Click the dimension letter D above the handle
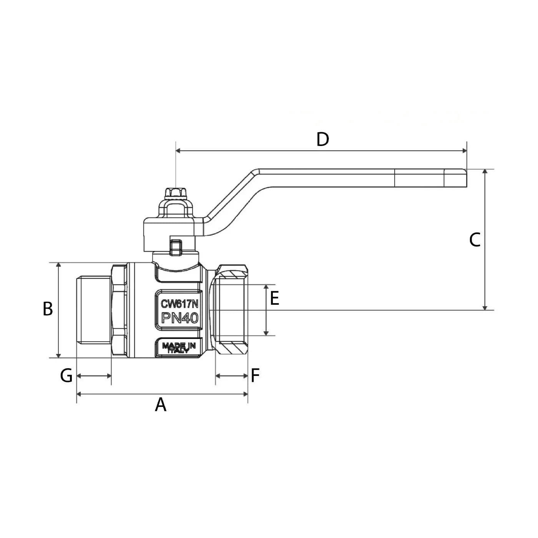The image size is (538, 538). (322, 139)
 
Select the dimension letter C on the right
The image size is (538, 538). (475, 240)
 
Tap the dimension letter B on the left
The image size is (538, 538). (48, 309)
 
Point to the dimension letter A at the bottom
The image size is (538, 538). (161, 405)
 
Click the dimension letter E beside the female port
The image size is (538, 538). (274, 298)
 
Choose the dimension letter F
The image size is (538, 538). (255, 375)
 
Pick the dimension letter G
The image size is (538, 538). (66, 375)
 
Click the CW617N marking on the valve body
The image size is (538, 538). (179, 304)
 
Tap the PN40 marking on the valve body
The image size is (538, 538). (179, 318)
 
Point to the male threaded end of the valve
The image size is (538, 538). (93, 310)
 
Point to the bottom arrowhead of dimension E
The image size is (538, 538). (266, 332)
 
